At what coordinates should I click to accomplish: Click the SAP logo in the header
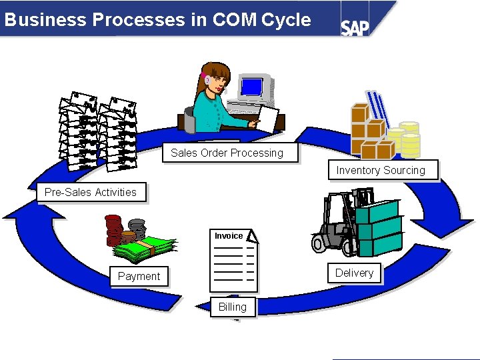point(355,27)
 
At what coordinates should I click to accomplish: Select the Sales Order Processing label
point(227,153)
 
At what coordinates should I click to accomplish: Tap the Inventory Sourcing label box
point(381,170)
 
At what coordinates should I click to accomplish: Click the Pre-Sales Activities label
point(91,192)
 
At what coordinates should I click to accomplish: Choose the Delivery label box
point(354,273)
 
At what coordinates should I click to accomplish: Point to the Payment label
point(139,276)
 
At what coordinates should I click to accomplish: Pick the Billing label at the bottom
point(233,307)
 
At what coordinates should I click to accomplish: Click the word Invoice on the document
point(229,236)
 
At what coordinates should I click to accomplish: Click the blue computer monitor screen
point(252,87)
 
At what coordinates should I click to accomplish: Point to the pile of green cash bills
point(143,247)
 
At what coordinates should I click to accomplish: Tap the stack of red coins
point(115,230)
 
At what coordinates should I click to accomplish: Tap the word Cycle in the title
point(286,19)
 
